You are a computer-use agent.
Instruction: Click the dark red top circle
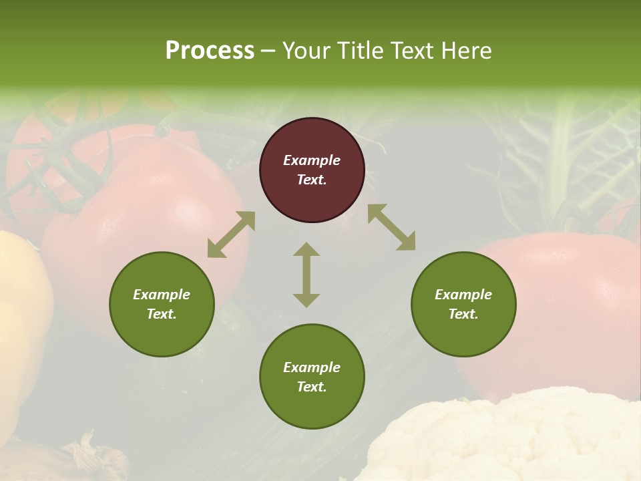[312, 170]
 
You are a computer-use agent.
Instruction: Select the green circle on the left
[162, 304]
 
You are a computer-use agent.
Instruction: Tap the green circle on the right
[463, 304]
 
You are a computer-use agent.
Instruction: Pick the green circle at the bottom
[312, 377]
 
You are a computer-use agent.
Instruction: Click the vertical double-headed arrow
[306, 275]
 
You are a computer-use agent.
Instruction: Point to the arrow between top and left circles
[231, 234]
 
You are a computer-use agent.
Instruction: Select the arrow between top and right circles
[391, 227]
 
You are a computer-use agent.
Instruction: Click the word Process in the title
[210, 51]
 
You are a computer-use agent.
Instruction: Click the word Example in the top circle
[312, 160]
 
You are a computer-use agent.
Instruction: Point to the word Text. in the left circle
[162, 314]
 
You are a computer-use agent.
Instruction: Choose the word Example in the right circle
[463, 295]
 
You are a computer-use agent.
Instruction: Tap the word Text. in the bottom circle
[312, 387]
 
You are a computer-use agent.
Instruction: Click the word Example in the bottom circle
[312, 367]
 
